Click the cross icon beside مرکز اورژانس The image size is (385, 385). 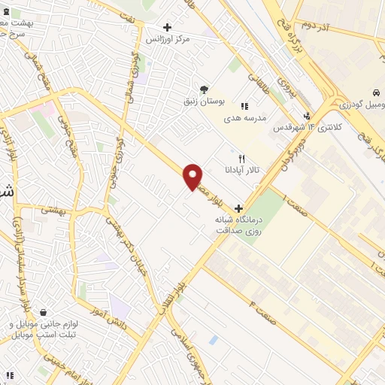[167, 27]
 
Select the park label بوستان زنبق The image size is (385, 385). [205, 99]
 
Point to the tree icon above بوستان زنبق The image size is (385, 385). [204, 88]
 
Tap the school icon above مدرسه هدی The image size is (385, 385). [244, 106]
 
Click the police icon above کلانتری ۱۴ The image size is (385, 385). [307, 116]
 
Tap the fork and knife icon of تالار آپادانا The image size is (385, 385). [241, 159]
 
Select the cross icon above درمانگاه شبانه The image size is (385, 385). [238, 208]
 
